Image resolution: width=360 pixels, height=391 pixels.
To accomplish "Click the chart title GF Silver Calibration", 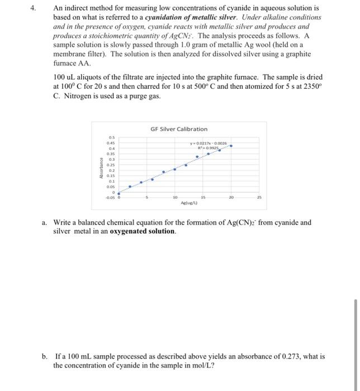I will pos(178,129).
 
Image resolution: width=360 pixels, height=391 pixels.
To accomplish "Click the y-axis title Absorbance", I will pos(101,168).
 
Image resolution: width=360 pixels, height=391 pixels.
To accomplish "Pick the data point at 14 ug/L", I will pos(197,157).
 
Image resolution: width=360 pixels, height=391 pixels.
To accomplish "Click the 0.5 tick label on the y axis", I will pos(111,137).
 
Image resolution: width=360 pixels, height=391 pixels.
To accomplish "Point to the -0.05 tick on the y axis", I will pos(110,198).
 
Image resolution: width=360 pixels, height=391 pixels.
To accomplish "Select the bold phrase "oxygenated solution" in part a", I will pos(142,231).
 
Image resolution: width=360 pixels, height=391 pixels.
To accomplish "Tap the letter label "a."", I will pos(45,223).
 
